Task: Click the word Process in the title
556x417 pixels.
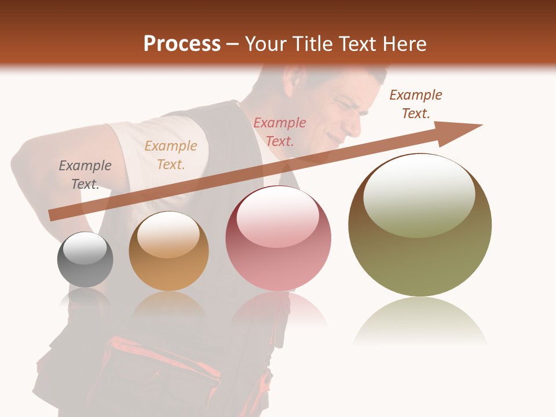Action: point(182,43)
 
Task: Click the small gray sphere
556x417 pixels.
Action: point(85,259)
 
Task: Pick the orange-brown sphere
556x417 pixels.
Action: point(169,251)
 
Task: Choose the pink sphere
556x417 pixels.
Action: point(278,238)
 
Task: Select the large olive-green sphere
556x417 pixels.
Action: point(420,225)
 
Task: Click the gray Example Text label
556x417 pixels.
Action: point(85,175)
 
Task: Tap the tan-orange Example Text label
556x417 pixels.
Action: point(170,155)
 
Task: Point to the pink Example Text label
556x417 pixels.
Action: point(280,131)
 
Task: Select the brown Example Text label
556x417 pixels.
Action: point(415,104)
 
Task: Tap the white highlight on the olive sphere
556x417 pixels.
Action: point(419,196)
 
